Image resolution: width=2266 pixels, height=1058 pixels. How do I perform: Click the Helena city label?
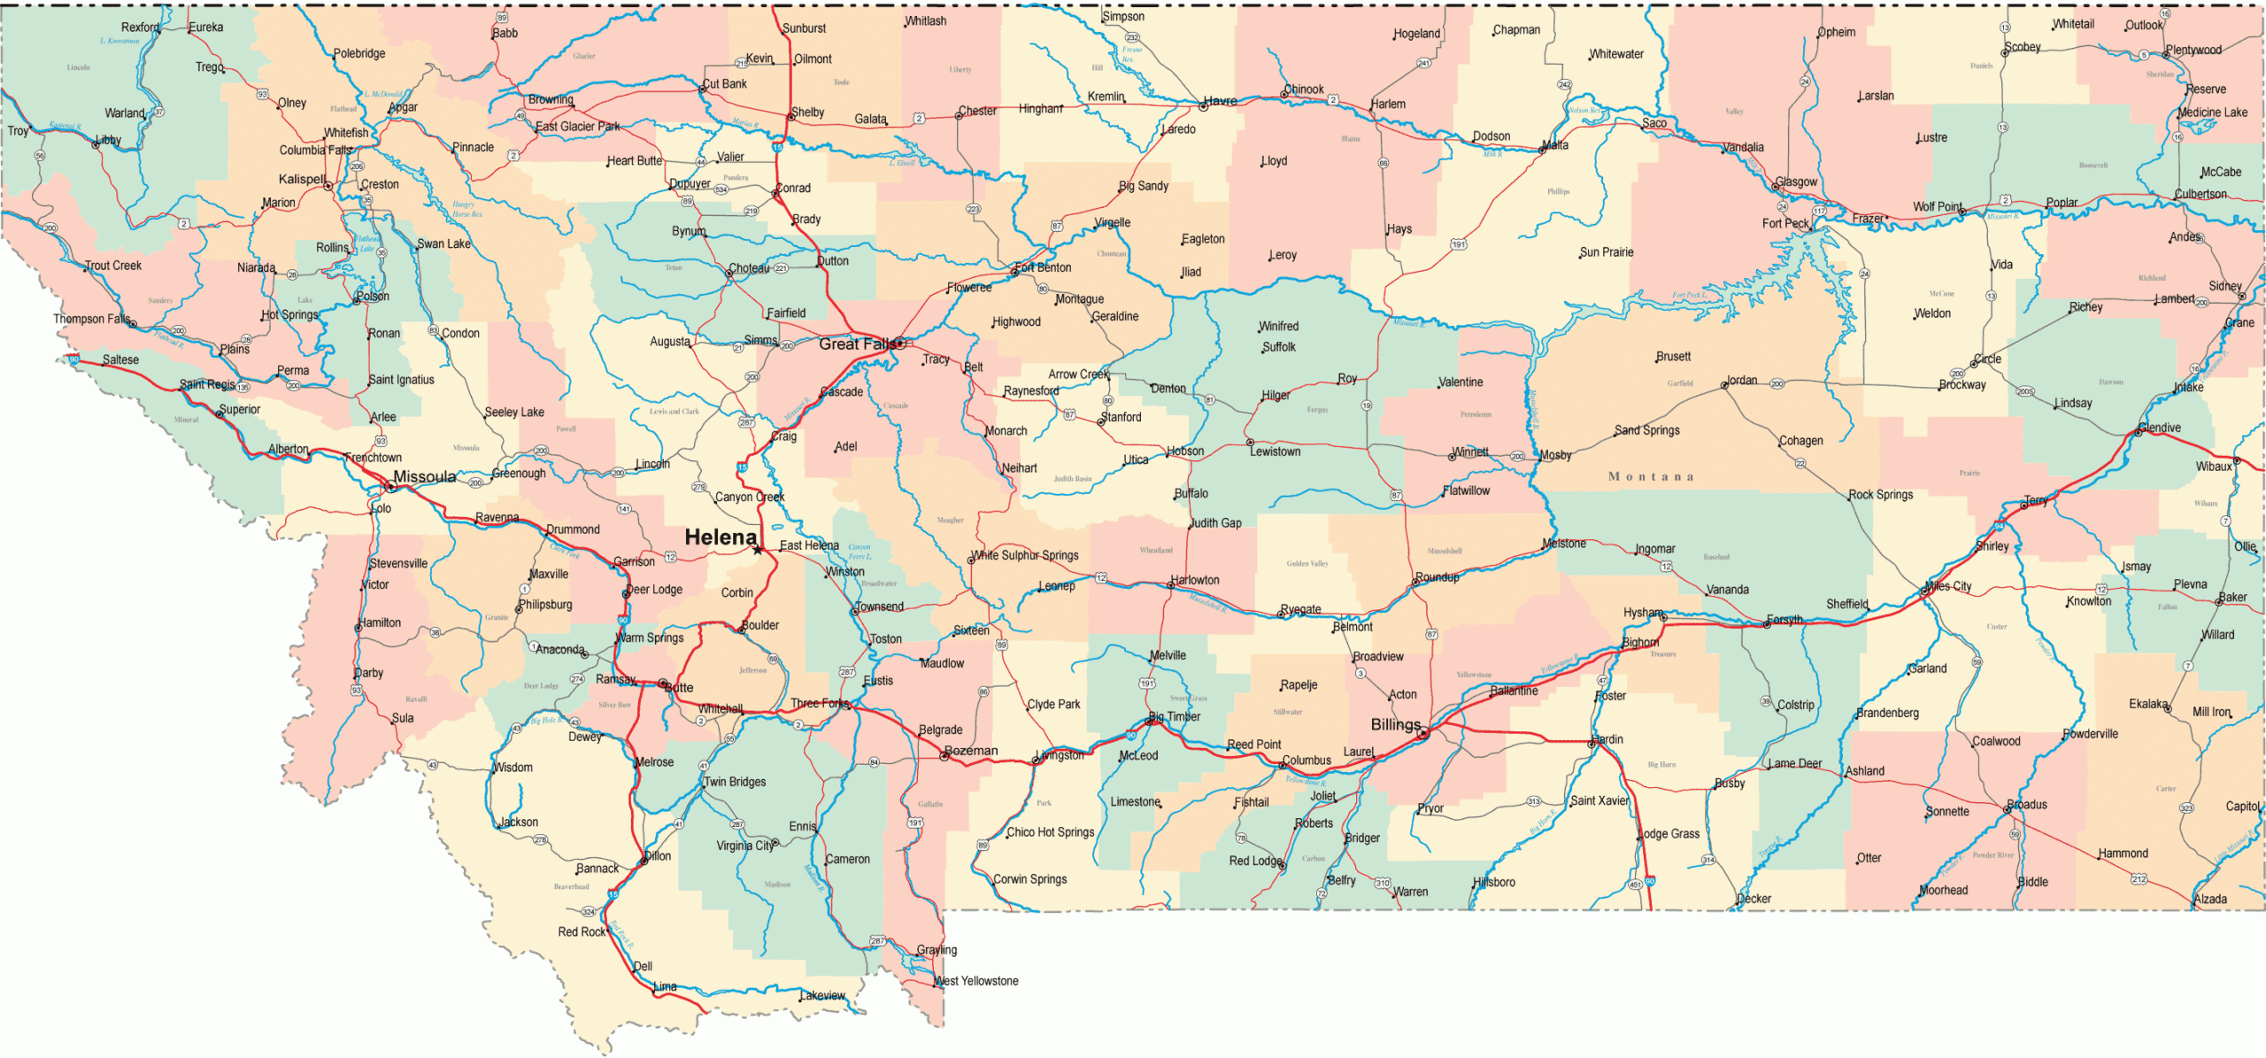coord(721,537)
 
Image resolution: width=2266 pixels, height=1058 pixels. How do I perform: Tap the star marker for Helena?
coord(758,550)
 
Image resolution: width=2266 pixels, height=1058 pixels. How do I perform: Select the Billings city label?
coord(1395,724)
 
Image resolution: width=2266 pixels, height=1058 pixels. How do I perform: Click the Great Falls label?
coord(857,344)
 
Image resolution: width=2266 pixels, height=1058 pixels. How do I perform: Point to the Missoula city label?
coord(425,476)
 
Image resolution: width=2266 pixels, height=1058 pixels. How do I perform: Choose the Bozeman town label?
coord(971,750)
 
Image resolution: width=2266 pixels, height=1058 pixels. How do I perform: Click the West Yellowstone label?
coord(976,981)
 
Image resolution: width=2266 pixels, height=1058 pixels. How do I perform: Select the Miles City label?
coord(1949,586)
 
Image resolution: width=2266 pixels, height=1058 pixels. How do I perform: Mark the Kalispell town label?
coord(302,179)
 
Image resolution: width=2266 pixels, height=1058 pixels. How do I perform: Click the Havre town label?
coord(1220,101)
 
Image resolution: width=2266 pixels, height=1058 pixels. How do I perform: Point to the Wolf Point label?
coord(1937,206)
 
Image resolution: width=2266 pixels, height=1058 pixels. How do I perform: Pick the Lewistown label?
coord(1275,452)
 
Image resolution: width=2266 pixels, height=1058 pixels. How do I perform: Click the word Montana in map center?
coord(1651,476)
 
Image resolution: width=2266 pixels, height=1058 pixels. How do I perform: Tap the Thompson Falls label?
coord(91,319)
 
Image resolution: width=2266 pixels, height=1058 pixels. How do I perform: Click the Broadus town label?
coord(2027,804)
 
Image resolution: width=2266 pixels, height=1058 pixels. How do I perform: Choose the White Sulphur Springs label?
coord(1026,555)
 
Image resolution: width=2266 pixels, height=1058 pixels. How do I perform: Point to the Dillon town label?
coord(658,856)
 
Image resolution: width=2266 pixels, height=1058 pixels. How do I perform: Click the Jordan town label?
coord(1742,380)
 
